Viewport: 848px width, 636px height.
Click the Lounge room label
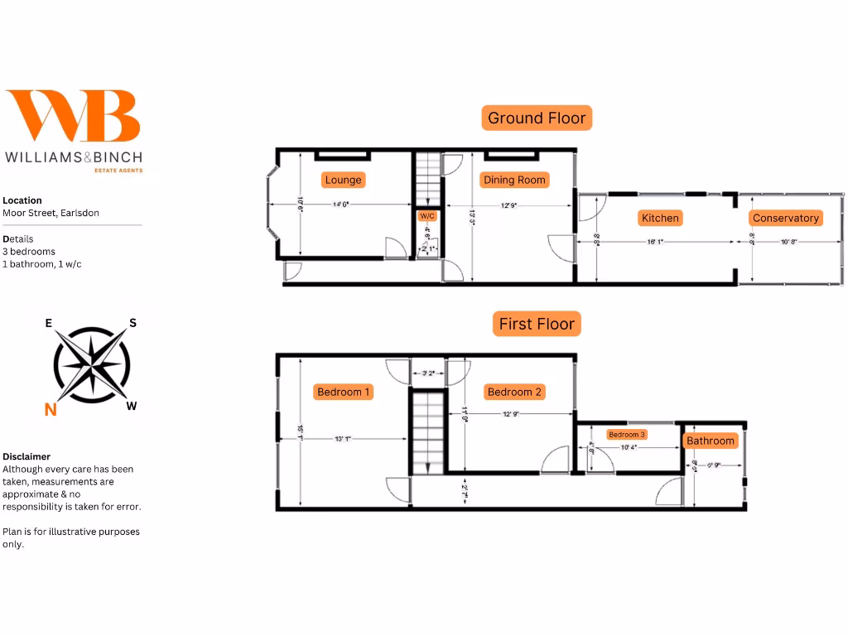[343, 180]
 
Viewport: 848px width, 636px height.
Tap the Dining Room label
[514, 180]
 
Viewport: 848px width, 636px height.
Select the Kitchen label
[660, 218]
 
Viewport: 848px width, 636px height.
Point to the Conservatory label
[785, 218]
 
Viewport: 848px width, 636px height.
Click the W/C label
[427, 216]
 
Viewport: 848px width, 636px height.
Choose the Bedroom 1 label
[344, 392]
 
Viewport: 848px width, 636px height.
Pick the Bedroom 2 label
[514, 392]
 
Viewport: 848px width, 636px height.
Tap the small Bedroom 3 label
[627, 435]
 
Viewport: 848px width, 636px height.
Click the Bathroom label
[711, 441]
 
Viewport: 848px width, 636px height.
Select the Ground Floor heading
[537, 118]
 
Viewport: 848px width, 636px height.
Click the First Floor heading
[537, 324]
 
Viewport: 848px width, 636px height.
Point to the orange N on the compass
[51, 409]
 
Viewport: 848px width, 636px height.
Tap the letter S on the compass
[132, 324]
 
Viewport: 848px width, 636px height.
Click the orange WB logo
[73, 116]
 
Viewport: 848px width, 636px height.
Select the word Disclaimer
[26, 456]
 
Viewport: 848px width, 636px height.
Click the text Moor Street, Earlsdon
[51, 213]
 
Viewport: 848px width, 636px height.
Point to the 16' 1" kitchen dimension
[655, 242]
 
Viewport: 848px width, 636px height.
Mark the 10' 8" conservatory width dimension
[789, 242]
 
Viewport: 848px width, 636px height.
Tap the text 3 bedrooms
[29, 252]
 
